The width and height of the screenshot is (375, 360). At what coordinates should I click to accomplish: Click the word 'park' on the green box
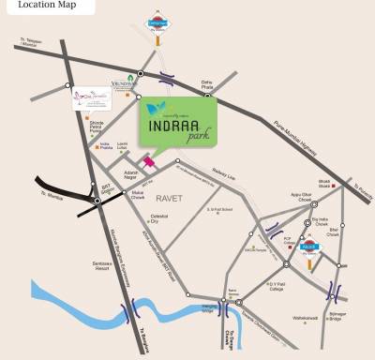pos(192,137)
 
